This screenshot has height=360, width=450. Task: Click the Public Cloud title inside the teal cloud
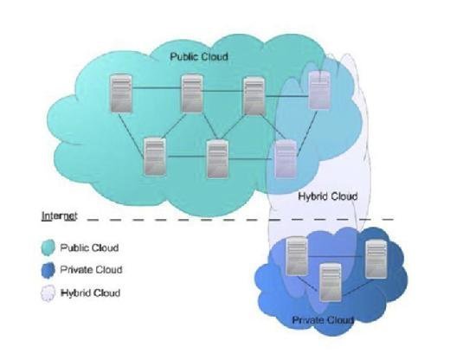tap(199, 56)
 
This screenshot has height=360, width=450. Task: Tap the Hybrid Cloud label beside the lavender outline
tap(328, 196)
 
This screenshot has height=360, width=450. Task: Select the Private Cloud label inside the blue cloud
tap(323, 320)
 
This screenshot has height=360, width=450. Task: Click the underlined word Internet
tap(60, 215)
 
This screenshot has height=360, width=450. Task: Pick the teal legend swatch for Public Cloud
tap(48, 247)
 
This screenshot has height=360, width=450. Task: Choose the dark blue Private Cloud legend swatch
tap(48, 270)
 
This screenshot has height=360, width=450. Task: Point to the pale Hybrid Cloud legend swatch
tap(48, 293)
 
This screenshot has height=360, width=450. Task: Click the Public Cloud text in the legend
tap(89, 247)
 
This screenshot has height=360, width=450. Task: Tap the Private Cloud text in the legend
tap(91, 270)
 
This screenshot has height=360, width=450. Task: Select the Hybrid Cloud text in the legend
tap(91, 293)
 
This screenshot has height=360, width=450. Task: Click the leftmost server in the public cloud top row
tap(121, 93)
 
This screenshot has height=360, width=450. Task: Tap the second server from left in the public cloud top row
tap(192, 93)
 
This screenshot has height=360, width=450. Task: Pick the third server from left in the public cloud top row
tap(254, 95)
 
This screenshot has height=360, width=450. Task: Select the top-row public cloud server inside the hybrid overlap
tap(319, 90)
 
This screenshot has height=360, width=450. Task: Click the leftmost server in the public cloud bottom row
tap(155, 157)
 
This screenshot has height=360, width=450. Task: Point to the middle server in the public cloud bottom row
tap(218, 159)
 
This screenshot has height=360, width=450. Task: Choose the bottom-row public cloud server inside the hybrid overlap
tap(286, 159)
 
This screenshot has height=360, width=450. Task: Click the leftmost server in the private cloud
tap(297, 255)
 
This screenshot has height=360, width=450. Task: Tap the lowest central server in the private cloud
tap(331, 282)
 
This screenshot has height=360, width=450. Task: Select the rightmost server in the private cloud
tap(376, 259)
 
